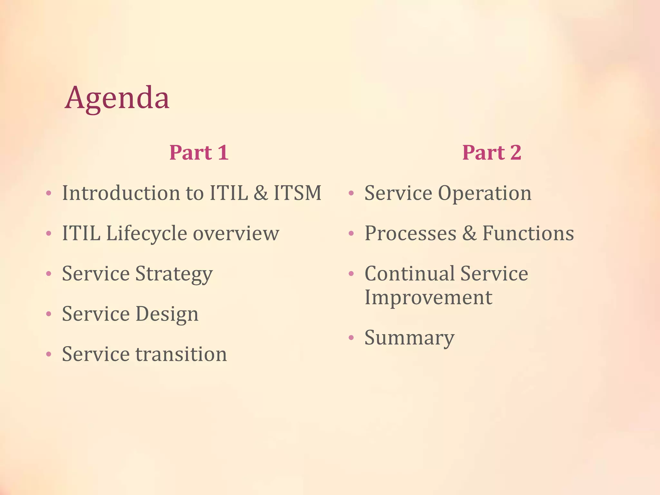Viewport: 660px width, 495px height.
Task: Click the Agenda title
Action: [x=117, y=98]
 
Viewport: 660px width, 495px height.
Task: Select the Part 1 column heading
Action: [x=199, y=152]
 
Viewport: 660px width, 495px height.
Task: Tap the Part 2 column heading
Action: [x=491, y=152]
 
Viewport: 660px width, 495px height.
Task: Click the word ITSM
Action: [x=297, y=193]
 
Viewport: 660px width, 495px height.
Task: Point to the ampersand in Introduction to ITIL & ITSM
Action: [x=261, y=193]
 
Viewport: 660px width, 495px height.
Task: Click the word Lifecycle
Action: [x=146, y=233]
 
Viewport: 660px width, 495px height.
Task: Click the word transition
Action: [x=181, y=354]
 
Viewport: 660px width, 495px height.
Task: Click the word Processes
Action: [x=410, y=233]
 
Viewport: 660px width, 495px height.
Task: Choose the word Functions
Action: [x=528, y=233]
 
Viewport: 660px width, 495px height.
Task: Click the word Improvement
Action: [x=428, y=297]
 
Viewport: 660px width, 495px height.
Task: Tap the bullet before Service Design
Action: [x=49, y=314]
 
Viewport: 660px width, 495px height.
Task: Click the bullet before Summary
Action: [x=351, y=338]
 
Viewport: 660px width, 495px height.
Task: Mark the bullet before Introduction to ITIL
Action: [x=49, y=193]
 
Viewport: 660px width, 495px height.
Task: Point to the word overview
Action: [x=236, y=233]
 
